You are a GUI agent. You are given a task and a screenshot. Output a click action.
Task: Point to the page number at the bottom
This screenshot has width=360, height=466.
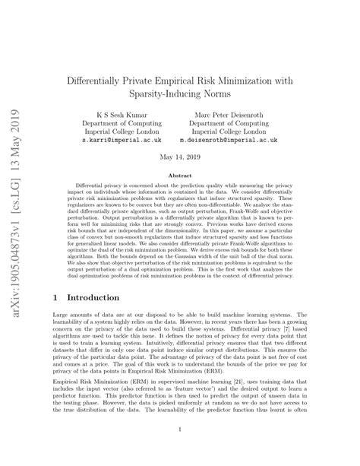tap(179, 449)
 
